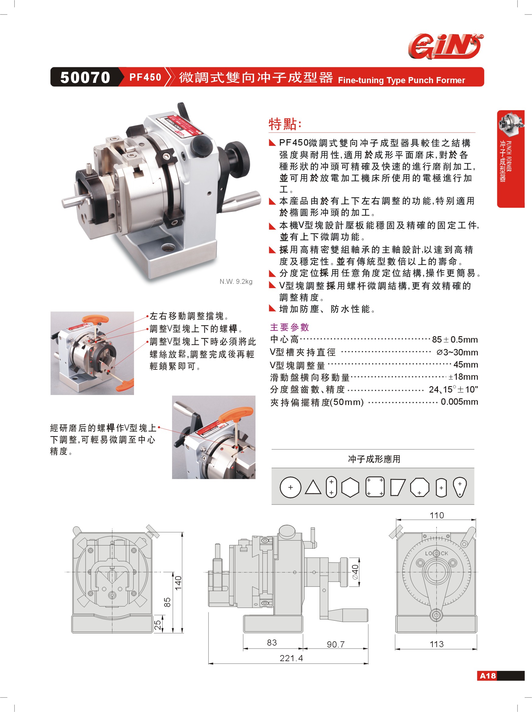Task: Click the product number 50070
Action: [x=85, y=77]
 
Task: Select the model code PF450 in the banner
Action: [x=145, y=77]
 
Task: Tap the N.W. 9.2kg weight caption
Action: [x=236, y=281]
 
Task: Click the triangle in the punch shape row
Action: [x=313, y=487]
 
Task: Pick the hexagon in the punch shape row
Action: [x=350, y=487]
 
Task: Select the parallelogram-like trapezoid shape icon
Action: [x=397, y=487]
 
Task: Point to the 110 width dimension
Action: [x=437, y=515]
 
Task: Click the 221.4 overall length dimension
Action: [x=291, y=658]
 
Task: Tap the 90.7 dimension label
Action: [x=336, y=644]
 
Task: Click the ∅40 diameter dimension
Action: [x=355, y=572]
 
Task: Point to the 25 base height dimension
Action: [x=158, y=625]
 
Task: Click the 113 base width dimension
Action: [x=436, y=644]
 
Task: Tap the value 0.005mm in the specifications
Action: [x=459, y=402]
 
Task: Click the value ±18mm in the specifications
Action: [x=463, y=377]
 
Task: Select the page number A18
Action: [x=488, y=676]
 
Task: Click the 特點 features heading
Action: [x=284, y=124]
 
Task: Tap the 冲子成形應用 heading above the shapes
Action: [x=374, y=459]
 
